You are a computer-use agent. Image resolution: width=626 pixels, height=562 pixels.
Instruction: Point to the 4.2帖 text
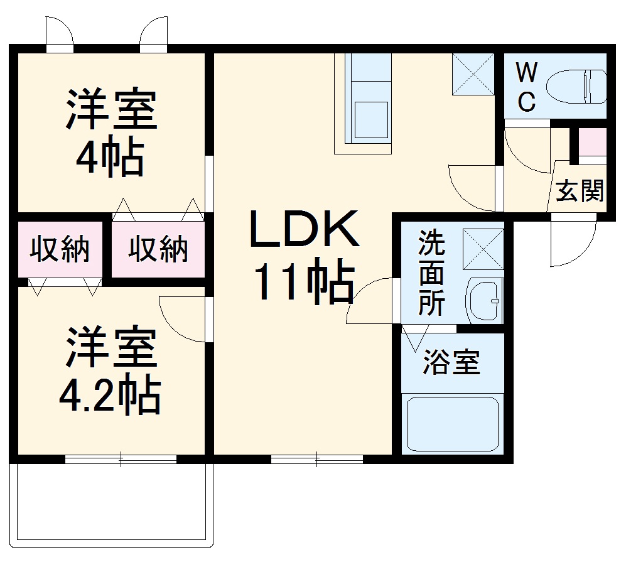tap(109, 394)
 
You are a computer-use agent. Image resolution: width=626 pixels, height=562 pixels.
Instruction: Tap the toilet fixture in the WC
tap(576, 85)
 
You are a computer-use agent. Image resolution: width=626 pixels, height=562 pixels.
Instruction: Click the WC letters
tap(526, 87)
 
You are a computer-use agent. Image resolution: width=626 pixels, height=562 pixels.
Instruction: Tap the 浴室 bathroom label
tap(451, 362)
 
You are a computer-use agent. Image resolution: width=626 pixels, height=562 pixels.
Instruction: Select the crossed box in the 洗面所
tap(483, 249)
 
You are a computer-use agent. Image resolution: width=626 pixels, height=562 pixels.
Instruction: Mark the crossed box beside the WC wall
tap(473, 74)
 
